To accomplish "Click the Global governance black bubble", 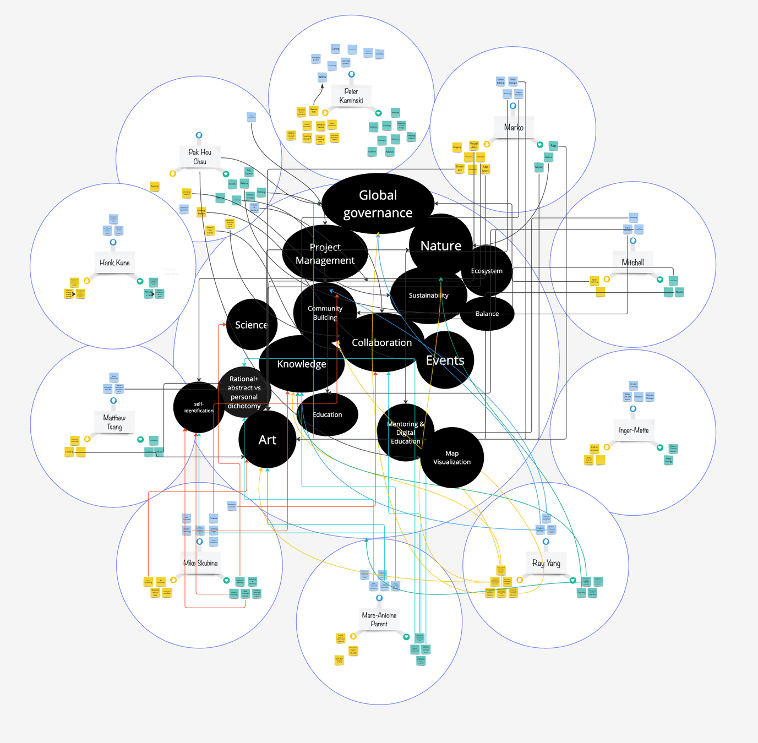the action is pyautogui.click(x=378, y=204).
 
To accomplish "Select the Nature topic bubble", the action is pyautogui.click(x=440, y=245).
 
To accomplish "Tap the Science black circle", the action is pyautogui.click(x=251, y=325).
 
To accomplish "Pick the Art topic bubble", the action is pyautogui.click(x=268, y=440).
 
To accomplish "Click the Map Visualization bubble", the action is pyautogui.click(x=452, y=457).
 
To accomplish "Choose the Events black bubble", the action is pyautogui.click(x=445, y=360).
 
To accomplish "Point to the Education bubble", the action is pyautogui.click(x=328, y=414).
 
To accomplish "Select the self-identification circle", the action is pyautogui.click(x=199, y=407).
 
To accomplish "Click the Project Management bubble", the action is pyautogui.click(x=325, y=254).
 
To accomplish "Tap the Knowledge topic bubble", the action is pyautogui.click(x=301, y=364).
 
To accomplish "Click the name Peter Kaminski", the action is pyautogui.click(x=351, y=96).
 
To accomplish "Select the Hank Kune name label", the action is pyautogui.click(x=114, y=263).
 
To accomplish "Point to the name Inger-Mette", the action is pyautogui.click(x=634, y=430).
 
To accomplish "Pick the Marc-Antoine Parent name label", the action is pyautogui.click(x=379, y=619).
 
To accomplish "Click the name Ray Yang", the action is pyautogui.click(x=546, y=563).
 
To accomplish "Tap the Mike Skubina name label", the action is pyautogui.click(x=200, y=563).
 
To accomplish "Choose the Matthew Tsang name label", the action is pyautogui.click(x=114, y=422).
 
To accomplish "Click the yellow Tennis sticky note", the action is pyautogui.click(x=155, y=187).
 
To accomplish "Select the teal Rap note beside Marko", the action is pyautogui.click(x=553, y=146).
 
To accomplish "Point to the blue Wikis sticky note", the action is pyautogui.click(x=322, y=77).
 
